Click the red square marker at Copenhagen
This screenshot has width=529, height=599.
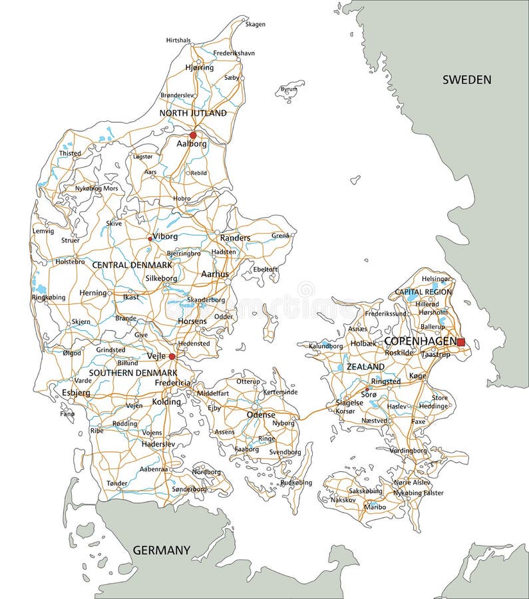click(460, 342)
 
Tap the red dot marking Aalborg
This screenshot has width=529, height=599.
click(193, 134)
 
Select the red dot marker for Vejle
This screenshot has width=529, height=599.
click(172, 357)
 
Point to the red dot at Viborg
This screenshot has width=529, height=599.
click(150, 238)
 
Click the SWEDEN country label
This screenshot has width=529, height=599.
click(467, 80)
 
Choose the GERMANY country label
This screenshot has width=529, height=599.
click(162, 550)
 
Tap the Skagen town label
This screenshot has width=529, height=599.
click(256, 25)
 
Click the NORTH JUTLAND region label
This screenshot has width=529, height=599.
click(193, 113)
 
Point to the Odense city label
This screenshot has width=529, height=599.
click(260, 414)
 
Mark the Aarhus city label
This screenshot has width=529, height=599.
click(214, 274)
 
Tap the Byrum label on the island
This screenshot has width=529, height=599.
click(289, 89)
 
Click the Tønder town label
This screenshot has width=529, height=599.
click(116, 484)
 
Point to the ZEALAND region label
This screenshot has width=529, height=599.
click(365, 367)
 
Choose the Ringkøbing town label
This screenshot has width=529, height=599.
click(49, 298)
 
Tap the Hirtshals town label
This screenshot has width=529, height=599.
click(178, 41)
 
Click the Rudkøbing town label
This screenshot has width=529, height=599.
click(296, 483)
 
